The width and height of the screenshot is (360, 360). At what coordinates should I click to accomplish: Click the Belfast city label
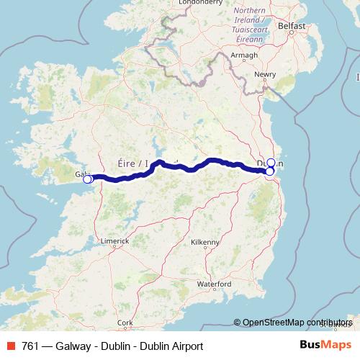click(x=292, y=26)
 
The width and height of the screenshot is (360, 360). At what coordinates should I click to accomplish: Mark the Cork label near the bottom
click(x=125, y=323)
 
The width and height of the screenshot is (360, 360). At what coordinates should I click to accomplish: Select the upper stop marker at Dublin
click(x=271, y=162)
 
